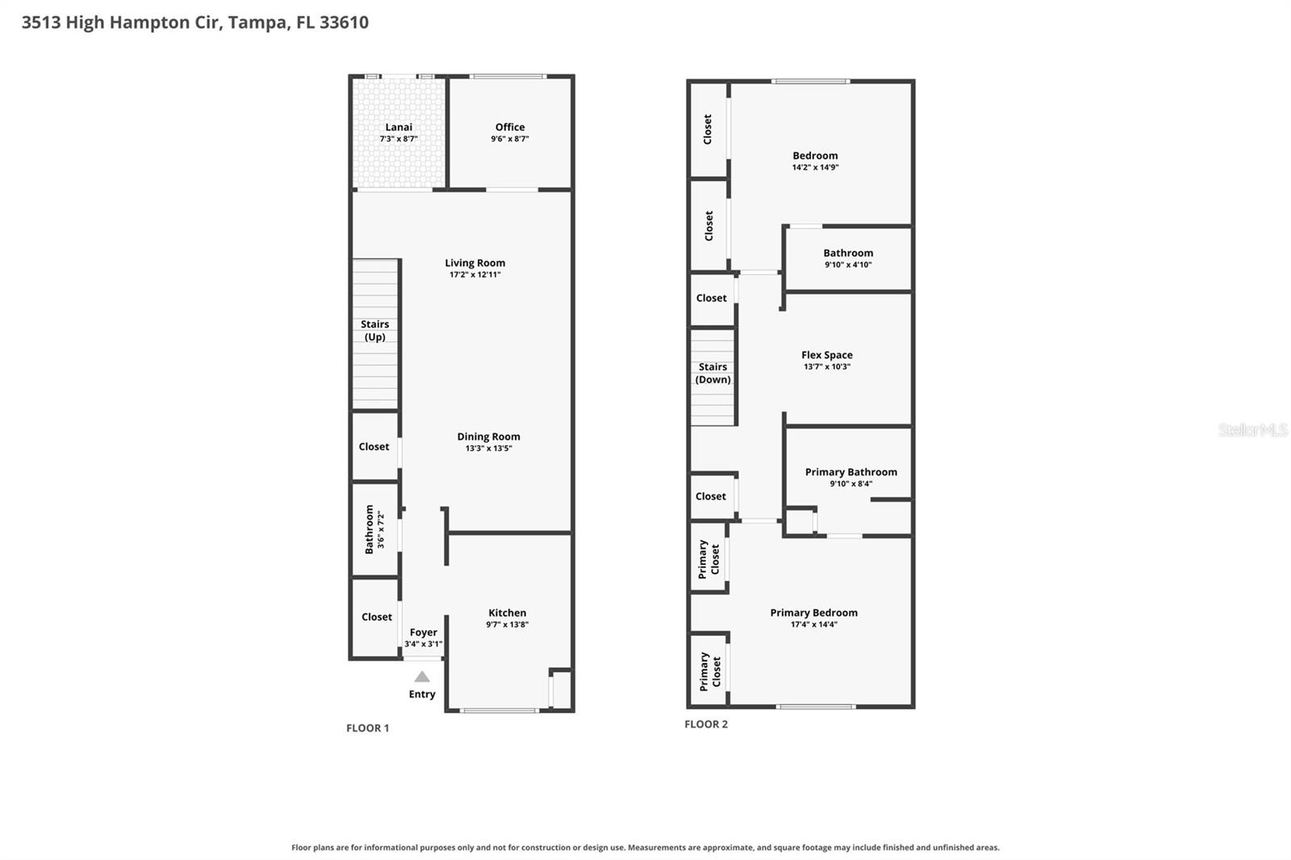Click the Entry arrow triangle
pyautogui.click(x=422, y=677)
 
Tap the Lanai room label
pyautogui.click(x=399, y=127)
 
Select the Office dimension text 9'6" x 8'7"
pyautogui.click(x=510, y=139)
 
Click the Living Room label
pyautogui.click(x=475, y=263)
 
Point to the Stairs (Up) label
pyautogui.click(x=374, y=331)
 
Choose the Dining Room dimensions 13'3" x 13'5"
pyautogui.click(x=489, y=449)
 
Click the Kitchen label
pyautogui.click(x=508, y=612)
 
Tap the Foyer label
pyautogui.click(x=424, y=632)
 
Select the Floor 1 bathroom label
pyautogui.click(x=370, y=529)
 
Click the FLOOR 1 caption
pyautogui.click(x=368, y=728)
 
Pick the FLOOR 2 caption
pyautogui.click(x=706, y=724)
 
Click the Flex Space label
pyautogui.click(x=827, y=355)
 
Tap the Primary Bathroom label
pyautogui.click(x=851, y=472)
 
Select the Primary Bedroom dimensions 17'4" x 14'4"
pyautogui.click(x=814, y=624)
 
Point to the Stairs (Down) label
pyautogui.click(x=713, y=374)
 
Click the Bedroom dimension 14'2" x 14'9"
pyautogui.click(x=816, y=168)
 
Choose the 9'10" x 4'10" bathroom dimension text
pyautogui.click(x=848, y=265)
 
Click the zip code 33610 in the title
pyautogui.click(x=344, y=23)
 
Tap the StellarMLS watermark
pyautogui.click(x=1253, y=430)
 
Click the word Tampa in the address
pyautogui.click(x=258, y=23)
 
